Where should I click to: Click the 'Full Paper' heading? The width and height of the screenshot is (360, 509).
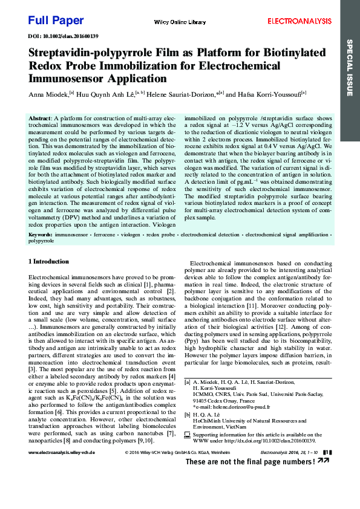[x=56, y=21]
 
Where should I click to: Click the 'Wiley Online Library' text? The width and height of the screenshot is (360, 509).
[x=180, y=22]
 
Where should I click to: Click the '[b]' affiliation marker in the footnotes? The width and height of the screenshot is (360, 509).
[x=188, y=414]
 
